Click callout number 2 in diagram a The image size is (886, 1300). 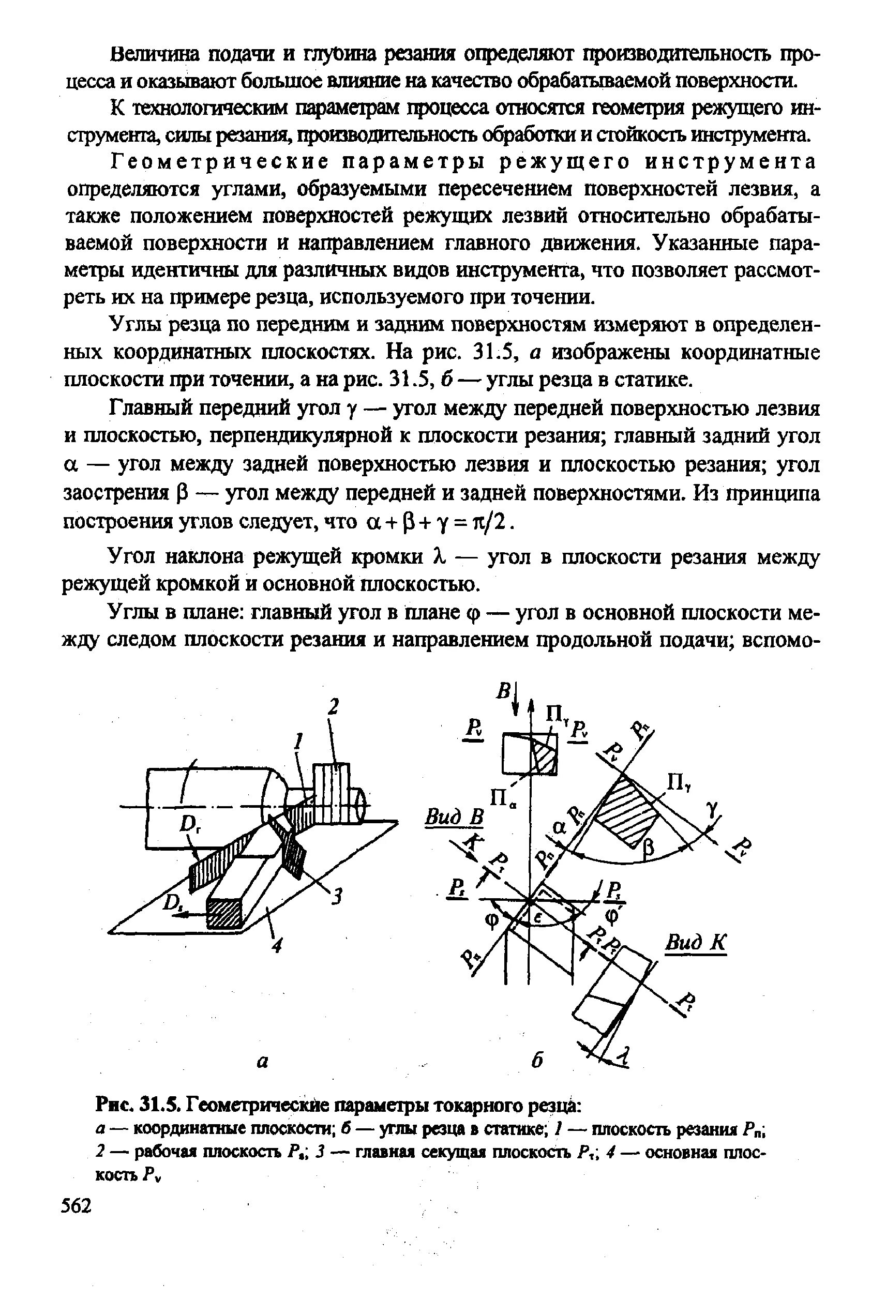[x=334, y=707]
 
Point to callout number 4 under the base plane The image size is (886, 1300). [x=277, y=945]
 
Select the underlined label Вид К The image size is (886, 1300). [x=695, y=943]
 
